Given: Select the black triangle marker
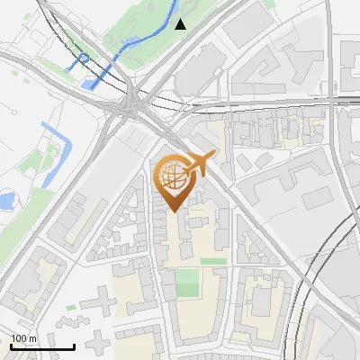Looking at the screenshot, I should coord(181,24).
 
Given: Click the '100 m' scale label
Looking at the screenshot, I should coord(24,338).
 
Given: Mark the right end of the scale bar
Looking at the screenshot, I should coord(74,346).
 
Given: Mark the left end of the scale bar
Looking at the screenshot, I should coord(11,346).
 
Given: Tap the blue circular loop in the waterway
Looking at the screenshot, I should coord(83,61).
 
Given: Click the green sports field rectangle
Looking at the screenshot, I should coord(186,283).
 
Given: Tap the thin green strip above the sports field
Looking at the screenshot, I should coord(213,261).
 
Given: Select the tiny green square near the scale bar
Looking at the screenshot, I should coord(71,308).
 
